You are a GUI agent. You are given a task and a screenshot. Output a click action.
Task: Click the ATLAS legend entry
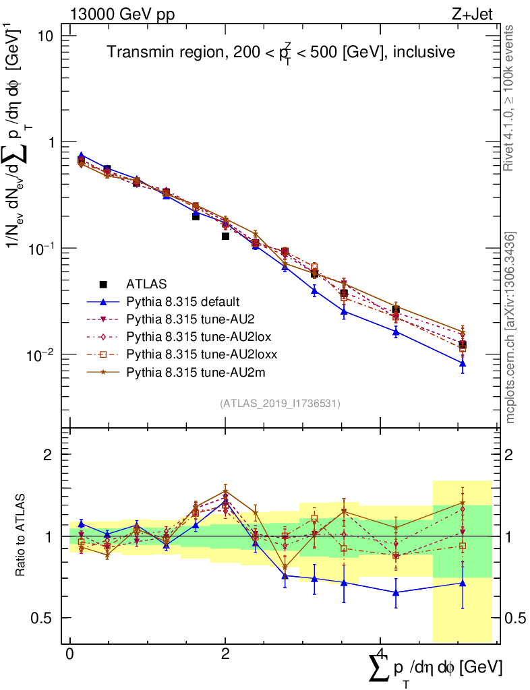[x=146, y=284]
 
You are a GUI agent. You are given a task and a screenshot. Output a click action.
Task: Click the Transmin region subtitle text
[x=281, y=53]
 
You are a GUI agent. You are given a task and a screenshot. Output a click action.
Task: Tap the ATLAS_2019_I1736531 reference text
[x=280, y=404]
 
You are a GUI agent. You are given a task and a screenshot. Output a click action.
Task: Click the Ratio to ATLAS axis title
[x=21, y=536]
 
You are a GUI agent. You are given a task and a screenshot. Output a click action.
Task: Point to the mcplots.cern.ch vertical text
[x=510, y=327]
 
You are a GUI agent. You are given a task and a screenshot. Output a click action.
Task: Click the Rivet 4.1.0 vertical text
[x=510, y=98]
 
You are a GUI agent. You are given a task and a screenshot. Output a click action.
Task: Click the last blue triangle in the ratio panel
[x=462, y=583]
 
